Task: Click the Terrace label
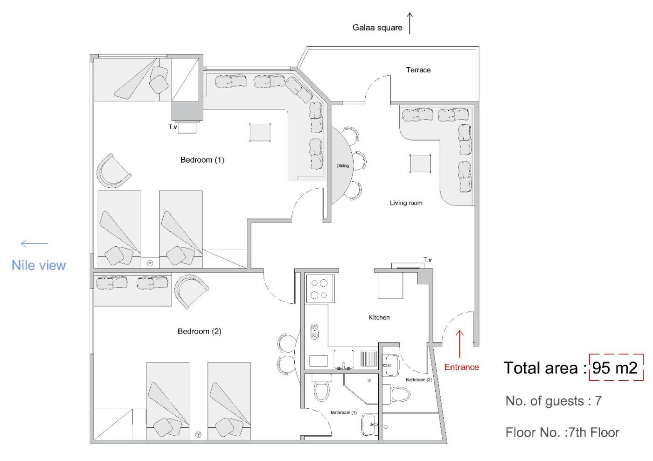click(418, 70)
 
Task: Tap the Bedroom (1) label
click(202, 160)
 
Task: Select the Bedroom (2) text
click(200, 331)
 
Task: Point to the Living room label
click(406, 203)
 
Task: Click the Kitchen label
click(379, 317)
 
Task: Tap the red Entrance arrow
click(460, 344)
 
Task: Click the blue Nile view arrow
click(35, 243)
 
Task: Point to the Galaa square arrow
click(410, 23)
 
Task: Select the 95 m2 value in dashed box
click(615, 368)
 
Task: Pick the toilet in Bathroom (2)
click(396, 394)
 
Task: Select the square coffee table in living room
click(420, 163)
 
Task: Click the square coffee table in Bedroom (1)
click(260, 133)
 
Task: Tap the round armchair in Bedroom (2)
click(190, 291)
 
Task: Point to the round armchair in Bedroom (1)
click(112, 172)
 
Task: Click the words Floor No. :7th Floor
click(563, 433)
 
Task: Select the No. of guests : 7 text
click(554, 401)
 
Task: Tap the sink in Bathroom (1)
click(369, 425)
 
